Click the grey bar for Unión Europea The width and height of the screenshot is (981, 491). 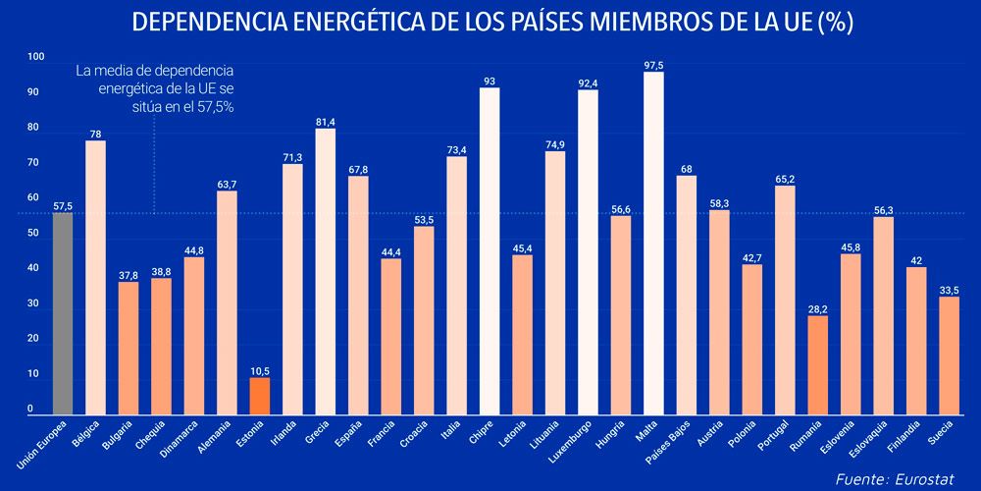coord(63,312)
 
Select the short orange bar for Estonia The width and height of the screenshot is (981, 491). coord(260,394)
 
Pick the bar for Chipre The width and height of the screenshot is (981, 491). coord(490,249)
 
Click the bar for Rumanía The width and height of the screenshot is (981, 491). coord(817,363)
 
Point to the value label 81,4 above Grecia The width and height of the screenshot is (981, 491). coord(326,122)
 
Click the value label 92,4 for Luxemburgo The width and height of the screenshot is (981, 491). coord(588,83)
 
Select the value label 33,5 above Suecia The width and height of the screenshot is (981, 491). coord(949,290)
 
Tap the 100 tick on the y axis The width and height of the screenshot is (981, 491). coord(36,57)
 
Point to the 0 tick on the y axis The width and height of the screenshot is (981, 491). coord(30,409)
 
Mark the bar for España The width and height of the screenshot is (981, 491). coord(358,294)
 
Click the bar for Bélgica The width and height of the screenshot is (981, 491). coord(95,276)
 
